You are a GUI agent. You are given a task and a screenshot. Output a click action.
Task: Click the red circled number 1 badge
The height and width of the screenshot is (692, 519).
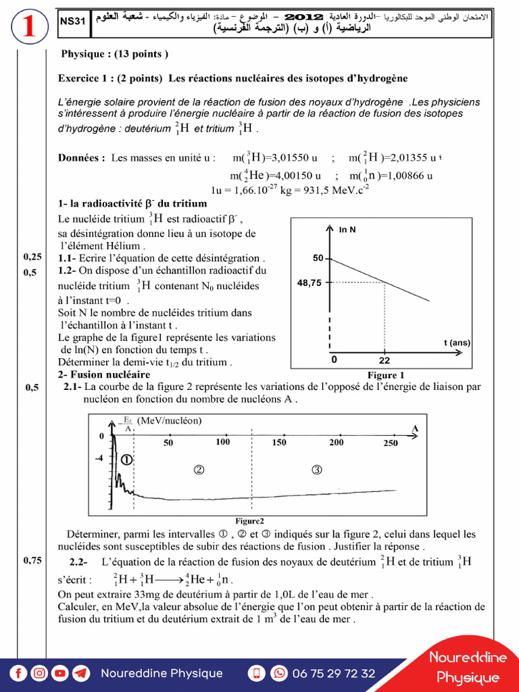click(28, 27)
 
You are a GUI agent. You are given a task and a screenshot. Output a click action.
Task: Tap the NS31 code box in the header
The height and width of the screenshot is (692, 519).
click(72, 22)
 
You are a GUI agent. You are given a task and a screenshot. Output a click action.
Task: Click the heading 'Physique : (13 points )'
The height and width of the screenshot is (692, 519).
click(114, 53)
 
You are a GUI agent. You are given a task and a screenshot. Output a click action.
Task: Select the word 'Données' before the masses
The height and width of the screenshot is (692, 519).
click(81, 157)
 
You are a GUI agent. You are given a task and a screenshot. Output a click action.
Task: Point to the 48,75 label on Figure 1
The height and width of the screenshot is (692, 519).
click(310, 283)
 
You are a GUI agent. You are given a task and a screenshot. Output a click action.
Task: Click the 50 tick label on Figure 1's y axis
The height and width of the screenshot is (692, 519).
click(318, 258)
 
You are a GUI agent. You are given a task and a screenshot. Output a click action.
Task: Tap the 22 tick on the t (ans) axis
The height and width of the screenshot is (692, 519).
click(385, 361)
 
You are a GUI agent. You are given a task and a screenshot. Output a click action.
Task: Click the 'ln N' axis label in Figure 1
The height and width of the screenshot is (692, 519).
click(347, 230)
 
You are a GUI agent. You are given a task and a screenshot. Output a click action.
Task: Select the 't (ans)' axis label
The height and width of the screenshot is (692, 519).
click(457, 343)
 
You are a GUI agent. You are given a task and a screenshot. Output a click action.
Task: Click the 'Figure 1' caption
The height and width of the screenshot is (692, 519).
click(386, 375)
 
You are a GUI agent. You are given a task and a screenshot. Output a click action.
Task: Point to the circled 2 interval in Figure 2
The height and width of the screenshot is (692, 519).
click(199, 469)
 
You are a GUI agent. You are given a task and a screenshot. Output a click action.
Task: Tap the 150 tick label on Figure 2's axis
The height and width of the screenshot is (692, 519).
click(279, 443)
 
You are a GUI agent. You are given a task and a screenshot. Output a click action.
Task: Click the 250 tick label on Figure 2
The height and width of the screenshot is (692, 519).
click(391, 443)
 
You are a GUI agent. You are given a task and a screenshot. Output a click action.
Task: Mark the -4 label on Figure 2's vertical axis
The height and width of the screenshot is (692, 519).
click(100, 458)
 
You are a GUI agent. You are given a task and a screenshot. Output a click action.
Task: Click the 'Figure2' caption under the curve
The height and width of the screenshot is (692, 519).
click(249, 521)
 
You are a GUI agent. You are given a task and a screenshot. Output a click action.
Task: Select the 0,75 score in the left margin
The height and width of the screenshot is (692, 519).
click(32, 560)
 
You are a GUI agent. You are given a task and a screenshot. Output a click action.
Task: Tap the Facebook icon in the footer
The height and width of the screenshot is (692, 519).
click(18, 673)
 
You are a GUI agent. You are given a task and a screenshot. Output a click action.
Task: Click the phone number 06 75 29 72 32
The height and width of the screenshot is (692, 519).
click(333, 673)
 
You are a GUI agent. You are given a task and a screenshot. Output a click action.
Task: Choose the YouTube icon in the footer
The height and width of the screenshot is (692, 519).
click(60, 673)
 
